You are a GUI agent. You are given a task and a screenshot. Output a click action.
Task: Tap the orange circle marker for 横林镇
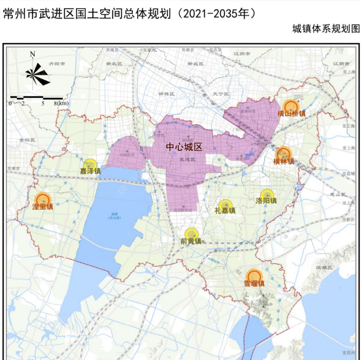(283, 153)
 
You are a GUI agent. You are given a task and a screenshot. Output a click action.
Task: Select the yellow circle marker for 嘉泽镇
(90, 164)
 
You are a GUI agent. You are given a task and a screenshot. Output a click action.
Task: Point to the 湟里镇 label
(43, 207)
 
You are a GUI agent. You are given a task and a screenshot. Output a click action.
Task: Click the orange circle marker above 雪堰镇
(254, 276)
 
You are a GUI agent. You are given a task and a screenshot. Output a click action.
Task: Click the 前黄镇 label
(191, 241)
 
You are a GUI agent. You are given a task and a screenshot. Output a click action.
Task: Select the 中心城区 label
(184, 147)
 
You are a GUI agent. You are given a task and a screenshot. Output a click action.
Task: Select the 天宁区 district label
(221, 94)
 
